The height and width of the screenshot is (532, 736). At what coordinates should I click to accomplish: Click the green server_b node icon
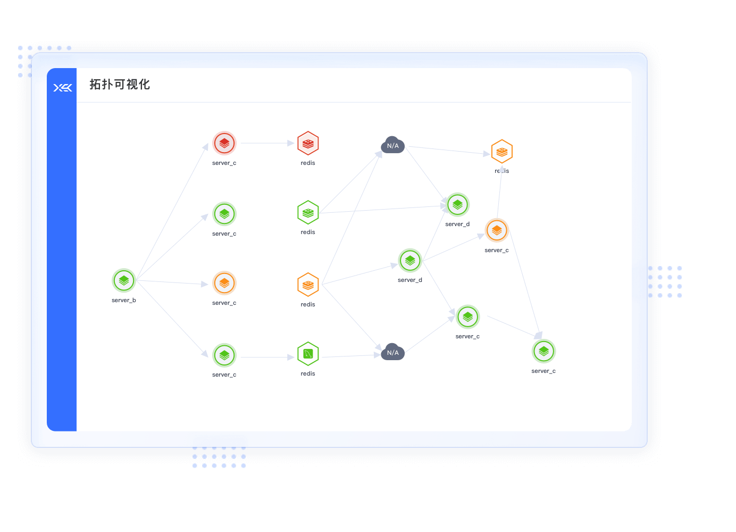[124, 281]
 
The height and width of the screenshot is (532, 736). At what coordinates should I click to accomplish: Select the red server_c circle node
[224, 143]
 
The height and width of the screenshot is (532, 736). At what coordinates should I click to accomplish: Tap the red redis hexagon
[308, 143]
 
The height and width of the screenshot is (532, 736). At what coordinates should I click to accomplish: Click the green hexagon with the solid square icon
[308, 354]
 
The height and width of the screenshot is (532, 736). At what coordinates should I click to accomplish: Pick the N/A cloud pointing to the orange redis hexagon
[393, 145]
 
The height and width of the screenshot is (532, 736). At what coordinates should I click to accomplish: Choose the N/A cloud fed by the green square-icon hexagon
[393, 352]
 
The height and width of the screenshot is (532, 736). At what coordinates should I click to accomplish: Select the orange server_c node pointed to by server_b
[224, 284]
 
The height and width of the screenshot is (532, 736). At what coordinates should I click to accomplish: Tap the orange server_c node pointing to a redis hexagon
[497, 230]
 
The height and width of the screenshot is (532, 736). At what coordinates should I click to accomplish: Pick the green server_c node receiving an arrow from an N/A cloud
[468, 317]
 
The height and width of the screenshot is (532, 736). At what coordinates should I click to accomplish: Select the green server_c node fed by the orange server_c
[544, 352]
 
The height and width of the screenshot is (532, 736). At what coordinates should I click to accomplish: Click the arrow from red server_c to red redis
[267, 143]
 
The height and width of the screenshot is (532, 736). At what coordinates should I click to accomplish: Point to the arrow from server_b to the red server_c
[172, 212]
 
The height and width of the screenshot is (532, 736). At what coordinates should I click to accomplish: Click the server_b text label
[124, 301]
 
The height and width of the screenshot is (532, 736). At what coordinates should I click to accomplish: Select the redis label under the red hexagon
[308, 163]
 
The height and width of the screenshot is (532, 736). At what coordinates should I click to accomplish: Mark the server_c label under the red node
[224, 163]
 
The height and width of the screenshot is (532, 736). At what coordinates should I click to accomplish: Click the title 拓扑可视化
[120, 85]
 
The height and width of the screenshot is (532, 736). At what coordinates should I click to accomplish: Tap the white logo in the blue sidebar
[63, 88]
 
